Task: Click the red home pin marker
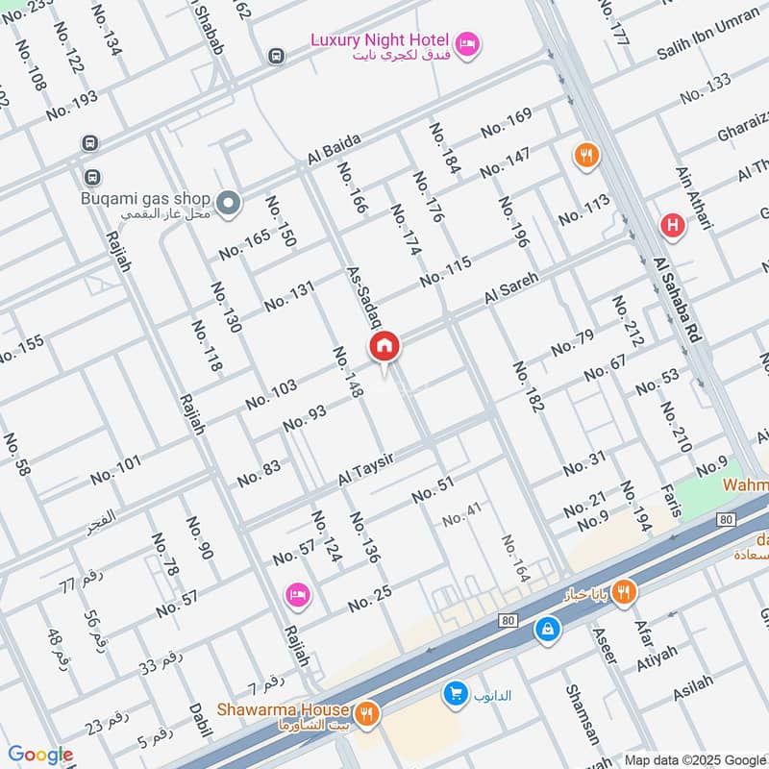384,346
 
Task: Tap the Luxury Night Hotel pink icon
467,44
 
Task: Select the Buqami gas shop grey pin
228,203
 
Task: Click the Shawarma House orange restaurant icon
365,714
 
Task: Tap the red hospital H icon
673,226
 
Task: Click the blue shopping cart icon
456,693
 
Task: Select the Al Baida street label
334,148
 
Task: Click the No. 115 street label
445,270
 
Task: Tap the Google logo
40,755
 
